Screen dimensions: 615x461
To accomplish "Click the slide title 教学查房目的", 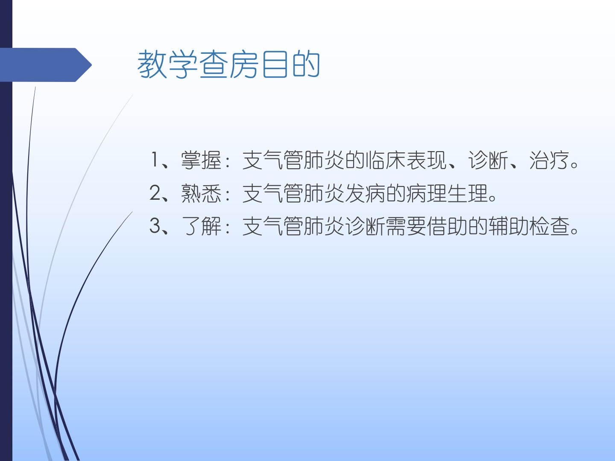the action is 228,64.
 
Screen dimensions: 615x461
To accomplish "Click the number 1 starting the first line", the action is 154,160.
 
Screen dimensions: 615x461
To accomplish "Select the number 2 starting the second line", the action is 155,193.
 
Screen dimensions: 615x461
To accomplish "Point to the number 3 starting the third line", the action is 155,226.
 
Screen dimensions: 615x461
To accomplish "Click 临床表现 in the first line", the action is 406,160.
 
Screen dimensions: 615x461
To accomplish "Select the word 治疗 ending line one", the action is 549,160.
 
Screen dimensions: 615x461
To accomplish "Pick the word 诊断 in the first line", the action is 488,160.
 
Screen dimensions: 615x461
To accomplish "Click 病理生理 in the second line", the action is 447,193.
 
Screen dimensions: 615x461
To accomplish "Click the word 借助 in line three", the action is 447,226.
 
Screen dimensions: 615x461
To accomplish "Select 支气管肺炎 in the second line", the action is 293,193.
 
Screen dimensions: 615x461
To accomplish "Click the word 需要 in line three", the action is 406,226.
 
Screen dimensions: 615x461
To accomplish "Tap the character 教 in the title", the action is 152,64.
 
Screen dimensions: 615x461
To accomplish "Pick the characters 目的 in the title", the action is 291,64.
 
